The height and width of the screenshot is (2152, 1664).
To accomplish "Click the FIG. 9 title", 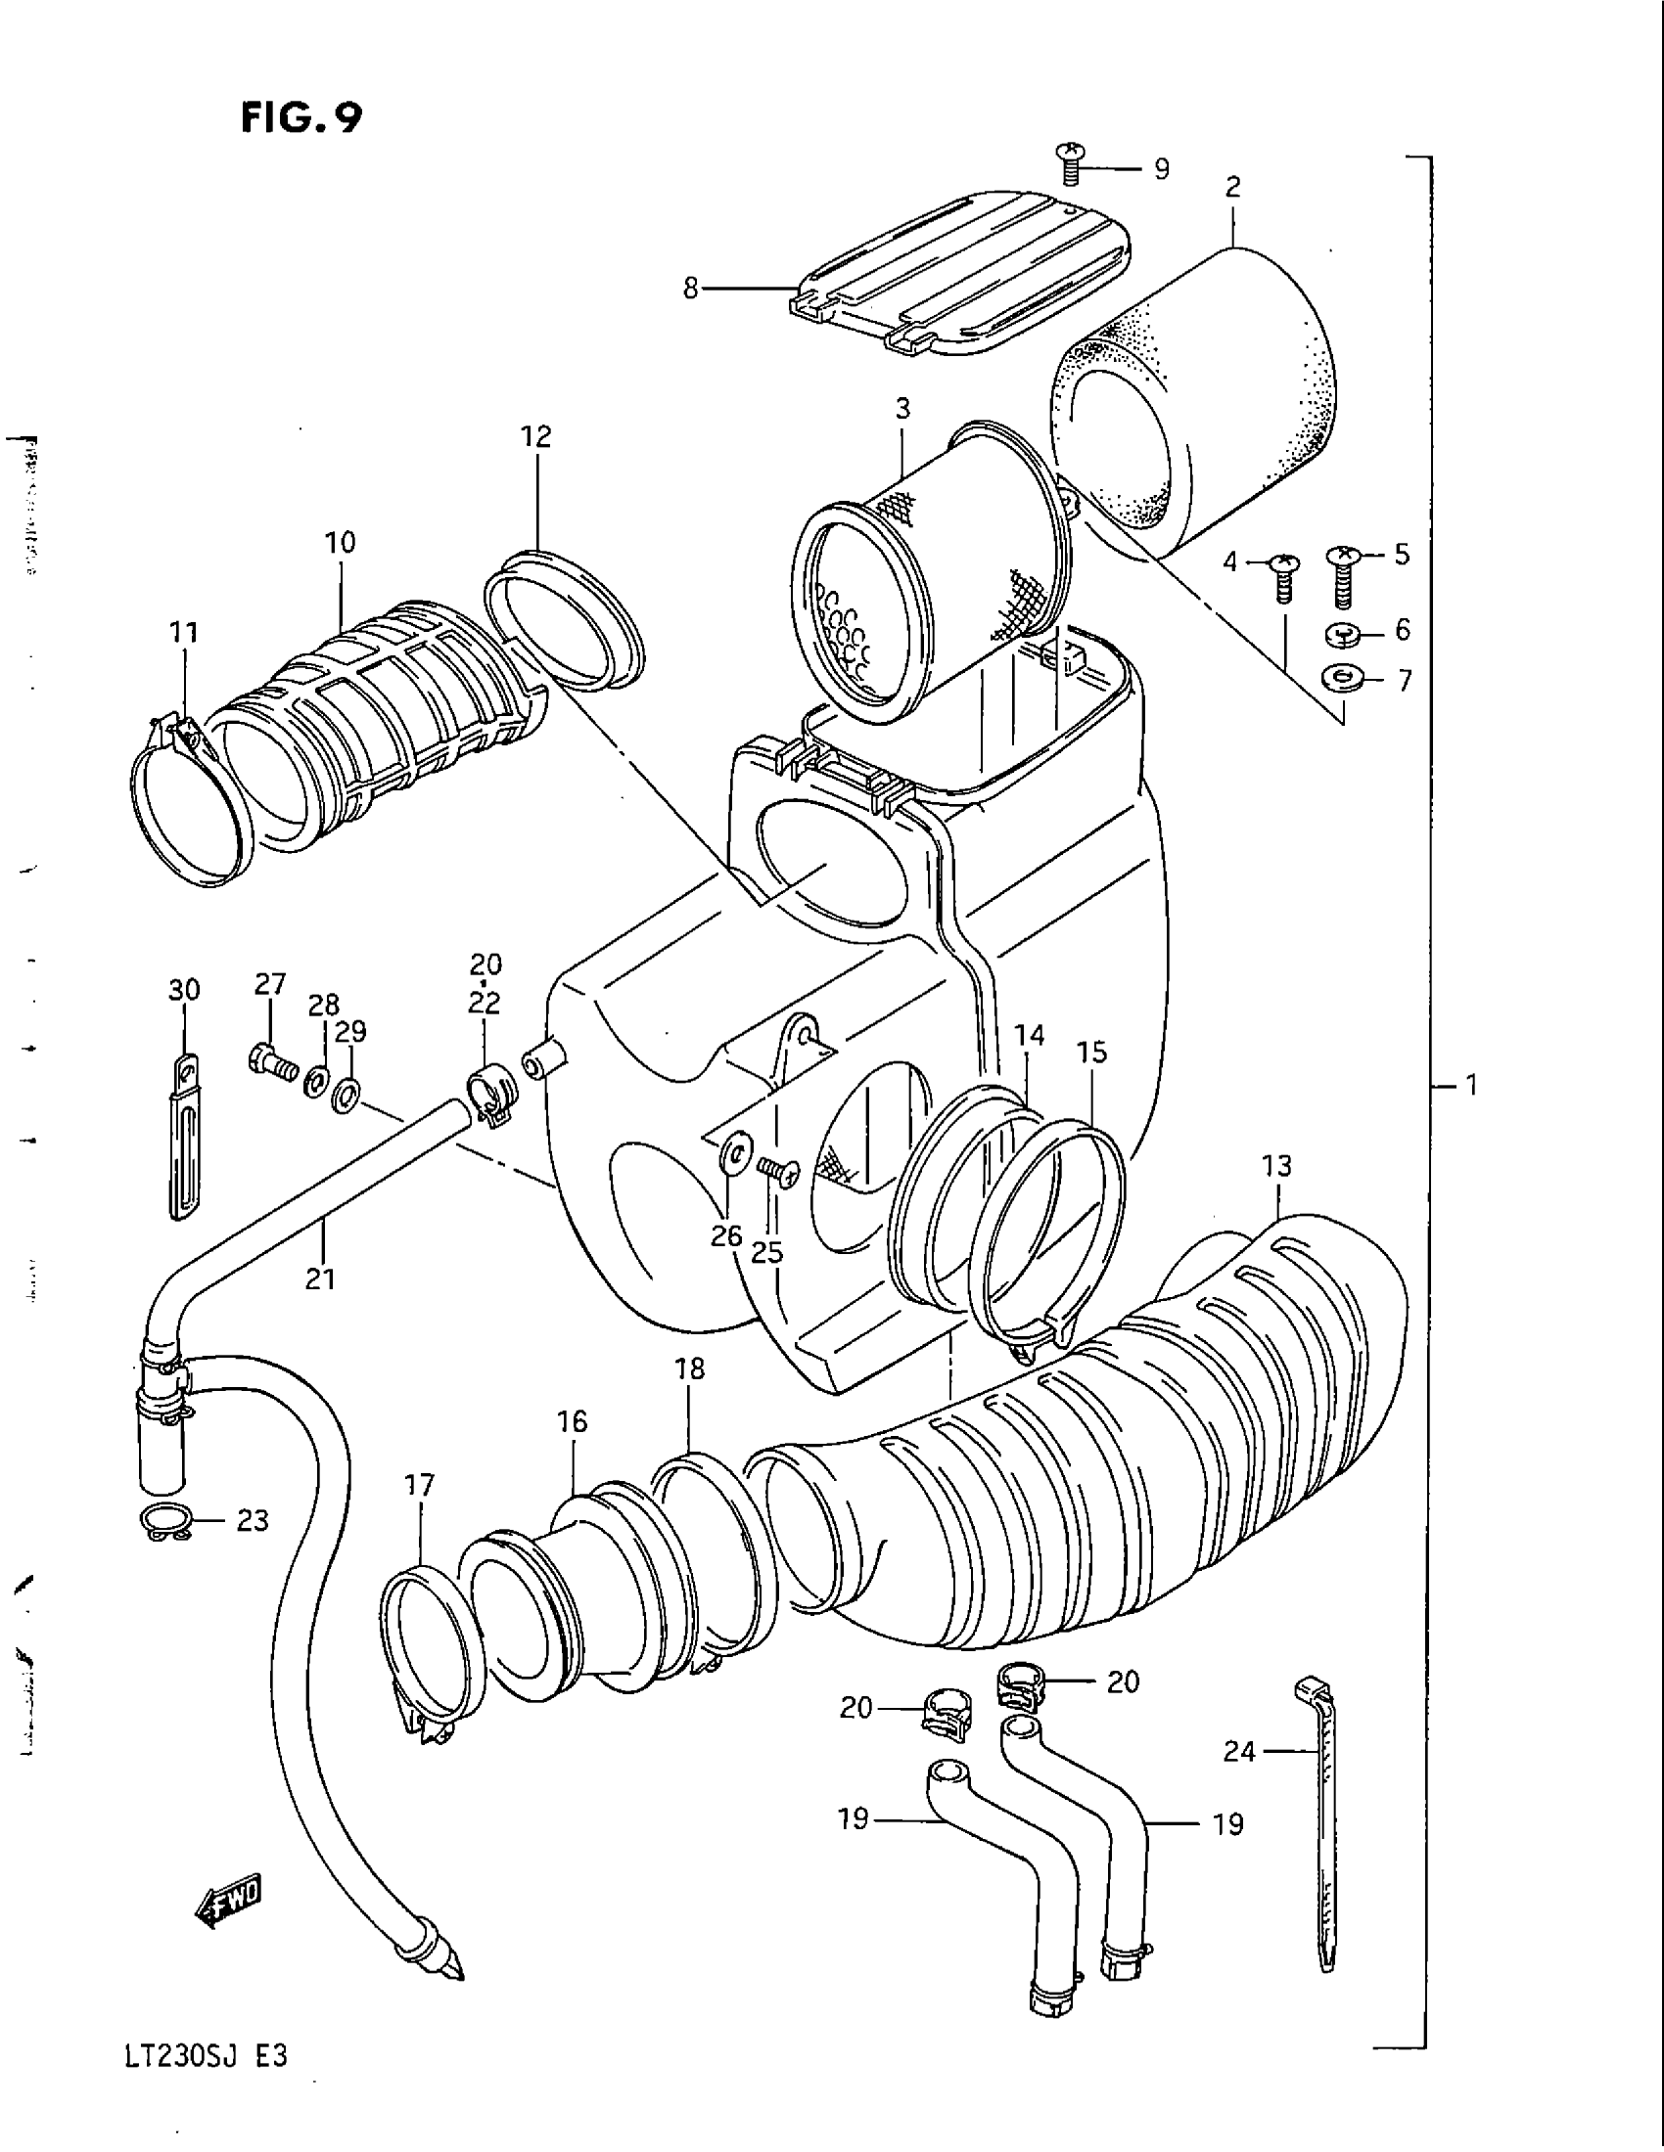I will pos(301,118).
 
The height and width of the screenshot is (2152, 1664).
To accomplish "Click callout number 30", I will pos(184,989).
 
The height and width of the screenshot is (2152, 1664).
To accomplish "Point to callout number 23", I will pos(253,1520).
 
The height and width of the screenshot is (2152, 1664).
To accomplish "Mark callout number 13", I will pos(1275,1167).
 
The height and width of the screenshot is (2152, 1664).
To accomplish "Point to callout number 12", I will pos(537,435).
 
